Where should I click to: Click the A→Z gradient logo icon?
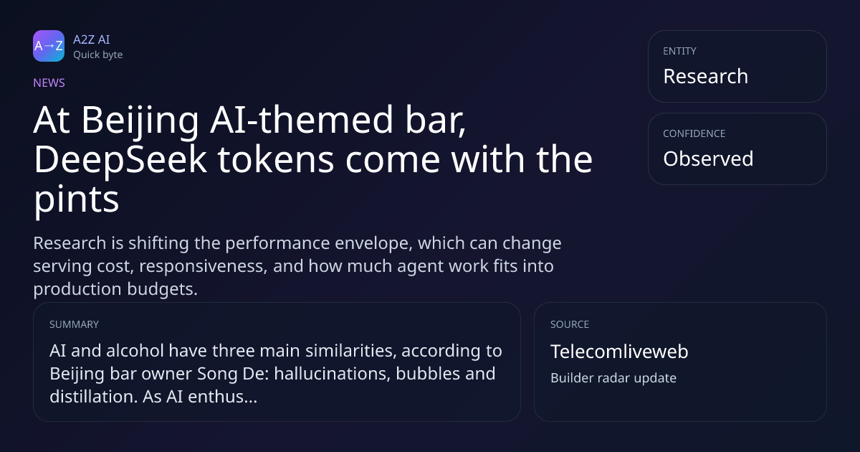tap(49, 46)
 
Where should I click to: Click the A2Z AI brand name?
tap(92, 39)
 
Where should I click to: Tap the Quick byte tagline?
tap(98, 55)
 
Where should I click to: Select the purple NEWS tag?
tap(49, 83)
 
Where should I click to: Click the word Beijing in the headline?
tap(140, 121)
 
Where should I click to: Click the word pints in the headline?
tap(77, 199)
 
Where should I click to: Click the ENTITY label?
tap(679, 51)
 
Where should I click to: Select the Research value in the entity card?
tap(706, 76)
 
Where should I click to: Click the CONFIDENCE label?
tap(694, 133)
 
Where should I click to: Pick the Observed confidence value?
tap(708, 159)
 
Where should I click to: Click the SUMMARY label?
tap(74, 324)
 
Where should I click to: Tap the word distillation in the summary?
tap(93, 397)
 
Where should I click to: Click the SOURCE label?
tap(570, 324)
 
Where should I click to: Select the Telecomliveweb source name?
tap(619, 352)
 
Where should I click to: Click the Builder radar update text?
tap(613, 378)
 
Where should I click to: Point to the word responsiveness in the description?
tap(203, 266)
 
